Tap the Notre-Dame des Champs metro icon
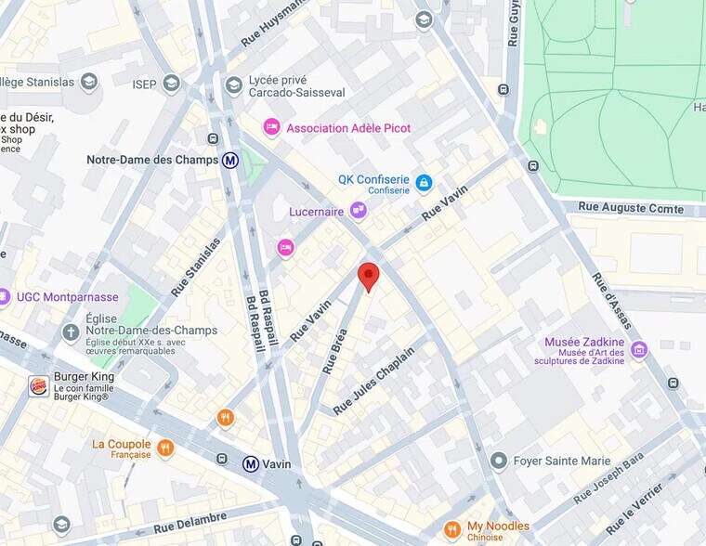229,160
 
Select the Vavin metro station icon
251,464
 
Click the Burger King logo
38,386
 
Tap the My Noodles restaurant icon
451,530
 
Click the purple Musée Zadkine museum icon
638,349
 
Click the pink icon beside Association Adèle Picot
271,127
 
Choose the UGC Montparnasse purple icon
5,297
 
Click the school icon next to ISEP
171,84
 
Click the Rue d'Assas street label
612,299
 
